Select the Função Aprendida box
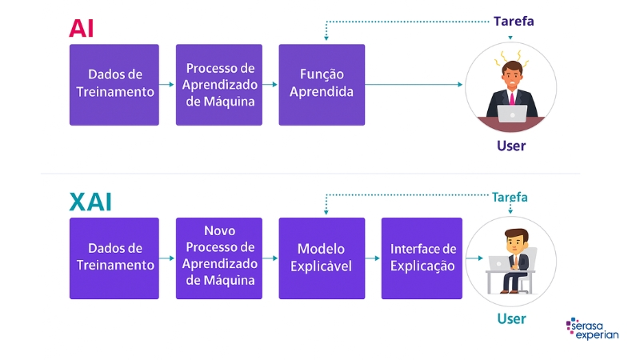tap(322, 84)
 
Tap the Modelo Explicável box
tap(322, 258)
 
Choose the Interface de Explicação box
tap(422, 258)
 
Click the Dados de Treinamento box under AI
tap(114, 84)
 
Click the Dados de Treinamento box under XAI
tap(114, 258)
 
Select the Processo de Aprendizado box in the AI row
tap(219, 84)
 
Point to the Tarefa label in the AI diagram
tap(514, 22)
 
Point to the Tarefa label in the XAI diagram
tap(510, 197)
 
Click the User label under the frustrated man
tap(511, 146)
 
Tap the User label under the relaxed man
tap(511, 318)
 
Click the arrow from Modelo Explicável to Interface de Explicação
tap(373, 258)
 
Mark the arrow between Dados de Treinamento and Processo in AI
tap(167, 84)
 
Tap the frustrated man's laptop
tap(513, 113)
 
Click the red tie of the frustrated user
tap(512, 98)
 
